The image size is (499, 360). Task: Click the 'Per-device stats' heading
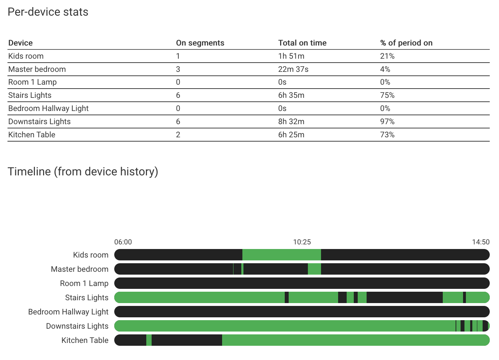tap(48, 12)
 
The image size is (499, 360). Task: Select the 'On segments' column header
tap(200, 43)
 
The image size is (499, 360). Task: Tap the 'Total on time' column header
tap(302, 43)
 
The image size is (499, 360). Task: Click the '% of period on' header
tap(406, 43)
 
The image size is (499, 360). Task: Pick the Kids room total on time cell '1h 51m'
tap(291, 56)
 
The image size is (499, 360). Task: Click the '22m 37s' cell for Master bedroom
tap(293, 69)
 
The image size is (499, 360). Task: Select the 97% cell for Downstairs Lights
tap(387, 122)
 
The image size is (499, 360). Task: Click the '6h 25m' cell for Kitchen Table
tap(291, 135)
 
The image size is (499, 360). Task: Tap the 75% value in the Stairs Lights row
tap(387, 95)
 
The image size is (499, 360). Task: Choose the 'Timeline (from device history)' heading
tap(83, 172)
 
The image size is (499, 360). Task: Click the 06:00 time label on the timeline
tap(123, 242)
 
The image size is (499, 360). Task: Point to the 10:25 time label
tap(302, 242)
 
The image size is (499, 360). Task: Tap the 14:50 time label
tap(480, 242)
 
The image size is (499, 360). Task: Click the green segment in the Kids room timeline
tap(282, 255)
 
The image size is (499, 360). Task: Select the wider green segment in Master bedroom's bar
tap(314, 269)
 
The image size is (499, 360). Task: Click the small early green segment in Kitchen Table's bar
tap(149, 340)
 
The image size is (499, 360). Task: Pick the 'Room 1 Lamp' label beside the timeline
tap(84, 284)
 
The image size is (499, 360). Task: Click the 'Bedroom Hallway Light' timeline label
tap(68, 312)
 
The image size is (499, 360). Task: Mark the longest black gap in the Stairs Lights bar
tap(404, 297)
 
